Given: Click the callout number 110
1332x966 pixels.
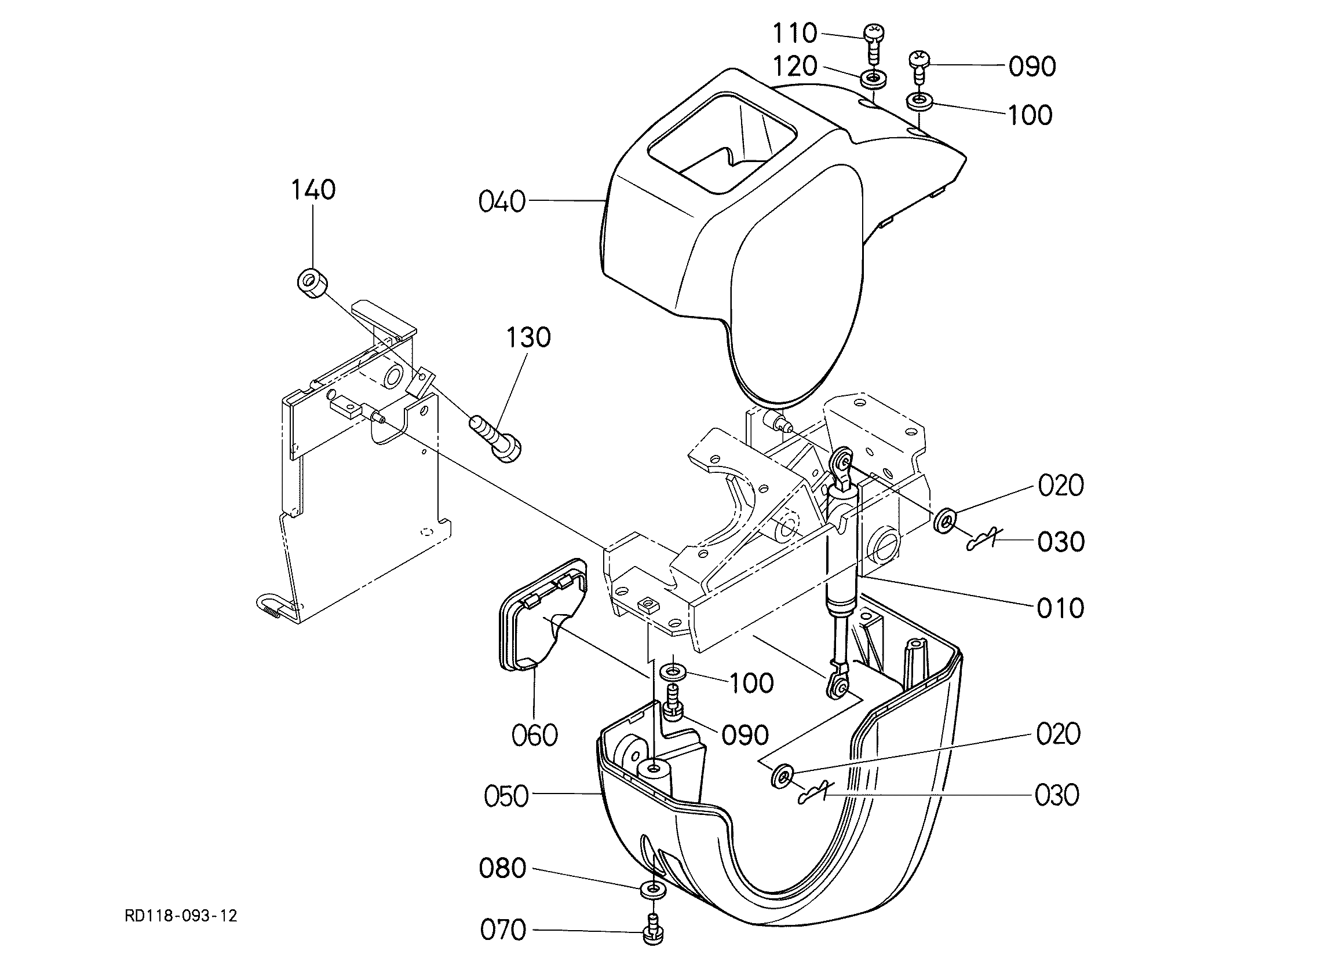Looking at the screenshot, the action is (x=794, y=34).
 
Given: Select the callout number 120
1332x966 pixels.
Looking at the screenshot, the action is (x=794, y=67).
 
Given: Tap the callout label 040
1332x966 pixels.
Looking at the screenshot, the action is (x=502, y=202).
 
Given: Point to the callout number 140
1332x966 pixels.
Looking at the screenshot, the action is (x=313, y=190).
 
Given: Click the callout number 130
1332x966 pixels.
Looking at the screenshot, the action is (x=528, y=337).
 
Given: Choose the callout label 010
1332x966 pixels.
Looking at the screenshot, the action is (x=1061, y=608).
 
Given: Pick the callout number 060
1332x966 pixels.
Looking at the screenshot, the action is (x=534, y=736).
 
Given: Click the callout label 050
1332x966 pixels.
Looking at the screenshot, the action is (x=506, y=796).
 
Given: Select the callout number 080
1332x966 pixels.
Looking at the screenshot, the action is (x=502, y=869).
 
